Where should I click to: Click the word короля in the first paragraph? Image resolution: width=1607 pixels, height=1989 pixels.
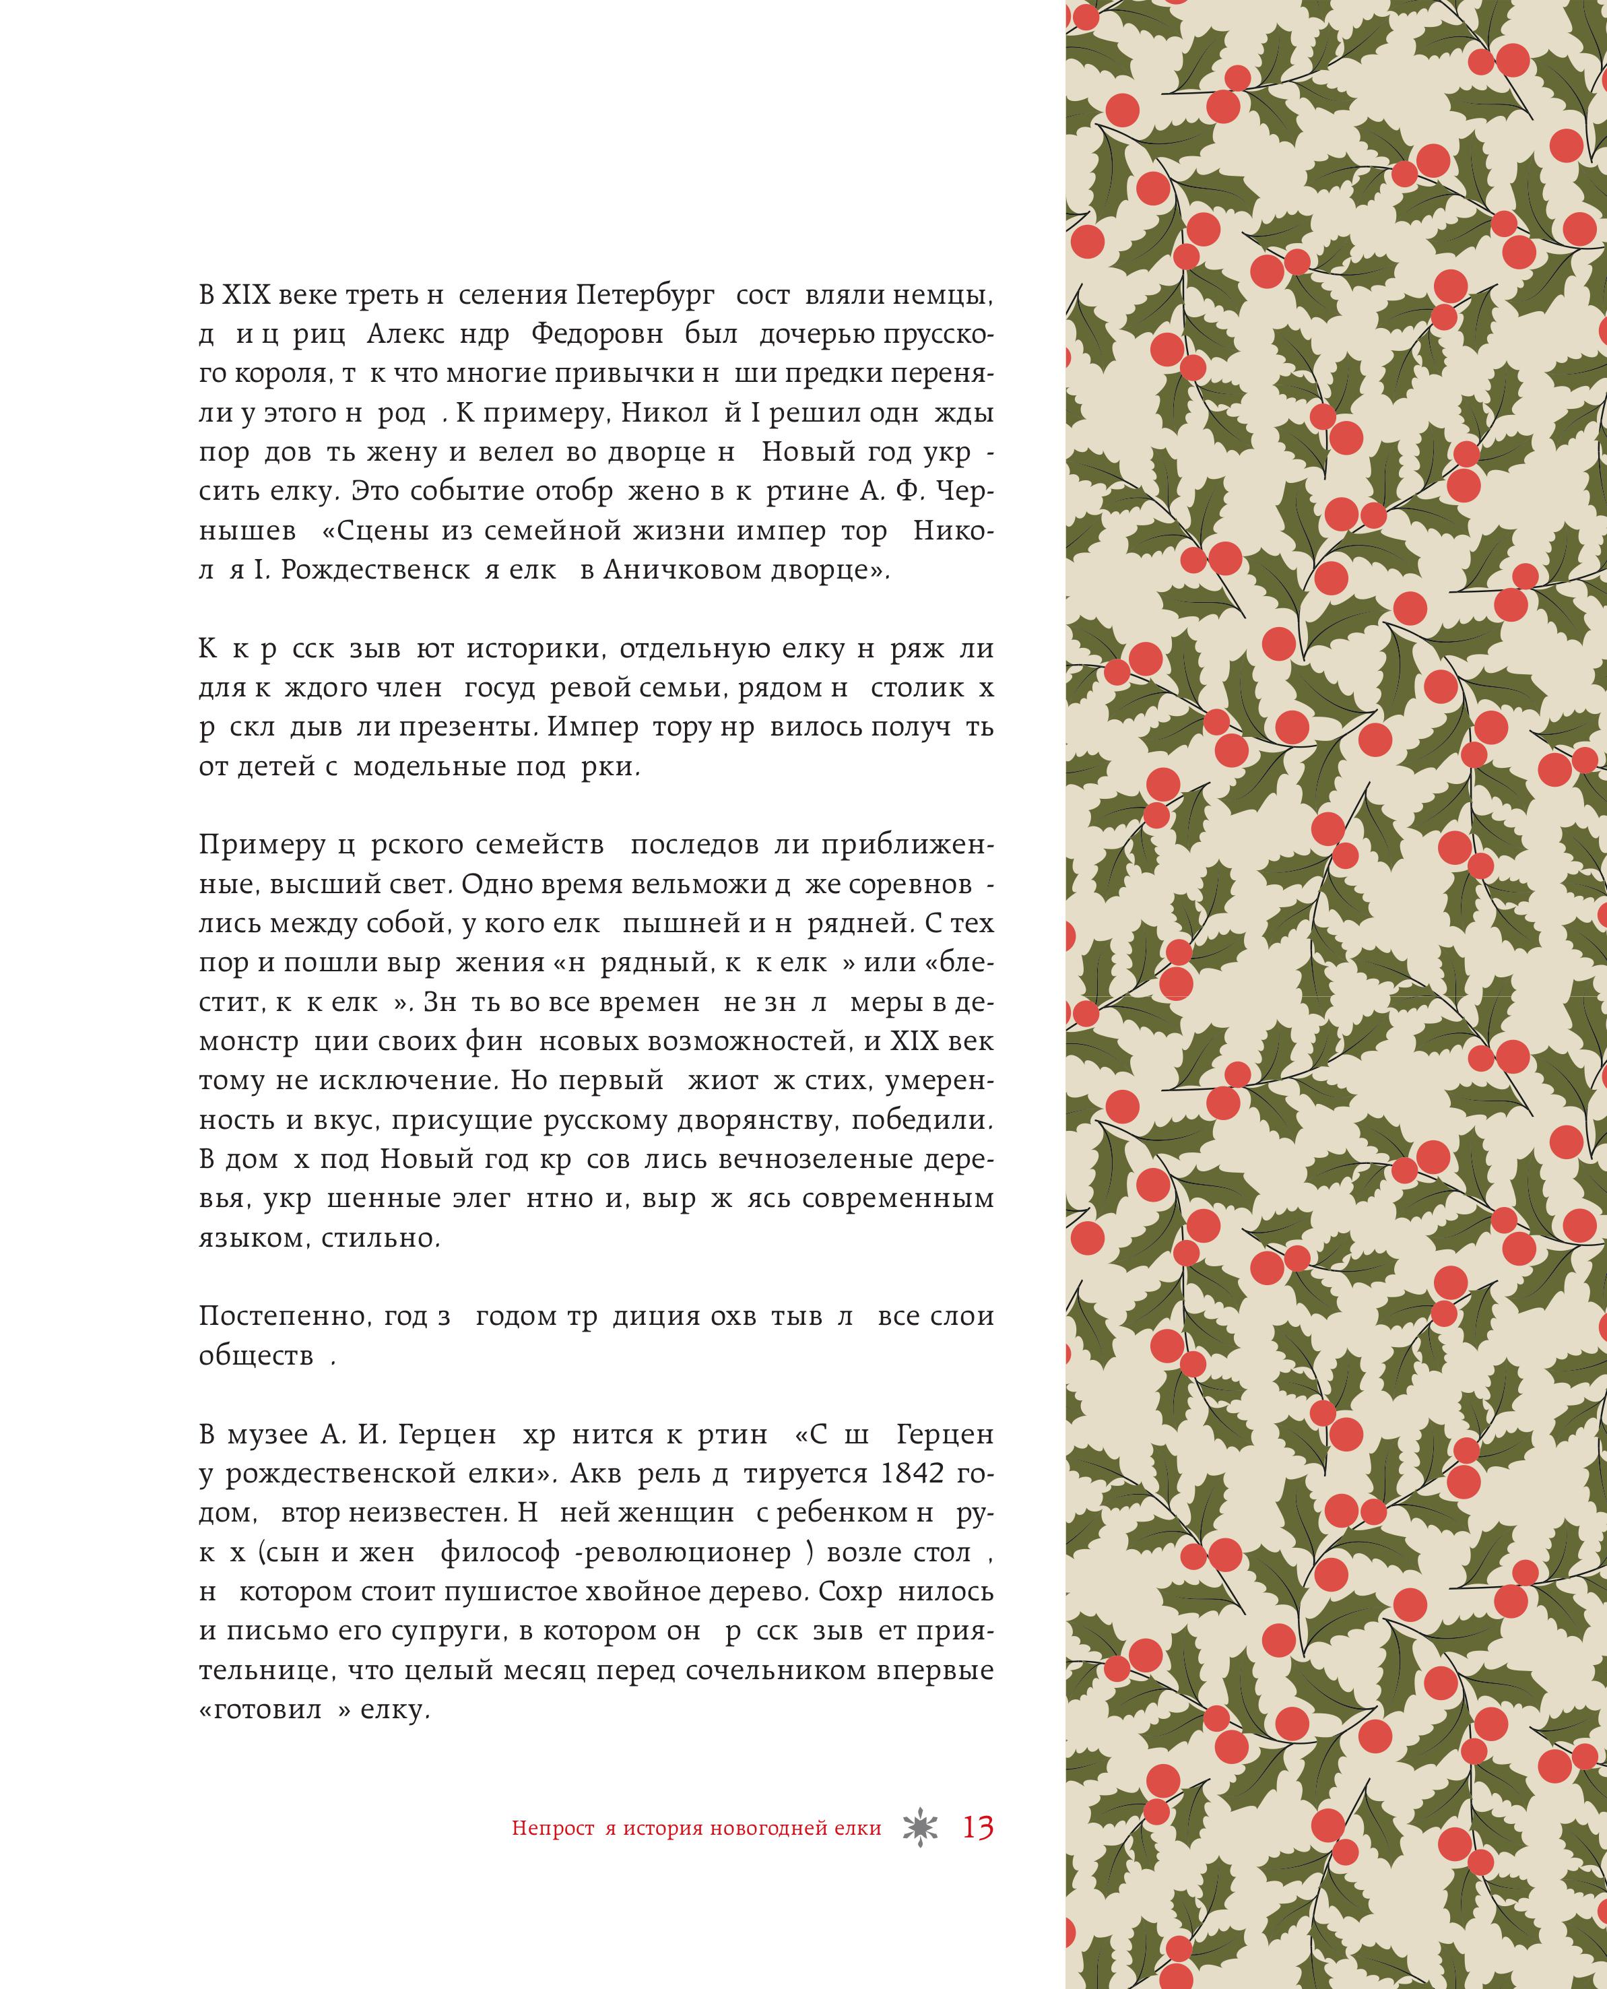[280, 375]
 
